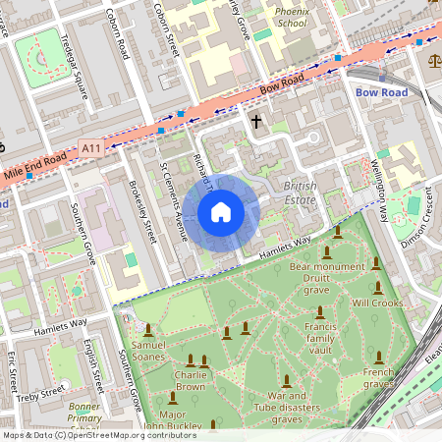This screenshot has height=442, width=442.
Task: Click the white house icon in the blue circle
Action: point(220,212)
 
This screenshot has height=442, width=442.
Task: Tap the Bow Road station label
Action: point(380,91)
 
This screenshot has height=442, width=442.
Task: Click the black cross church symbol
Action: point(256,122)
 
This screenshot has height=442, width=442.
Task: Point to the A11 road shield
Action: point(91,148)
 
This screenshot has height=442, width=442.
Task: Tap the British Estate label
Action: point(300,193)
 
